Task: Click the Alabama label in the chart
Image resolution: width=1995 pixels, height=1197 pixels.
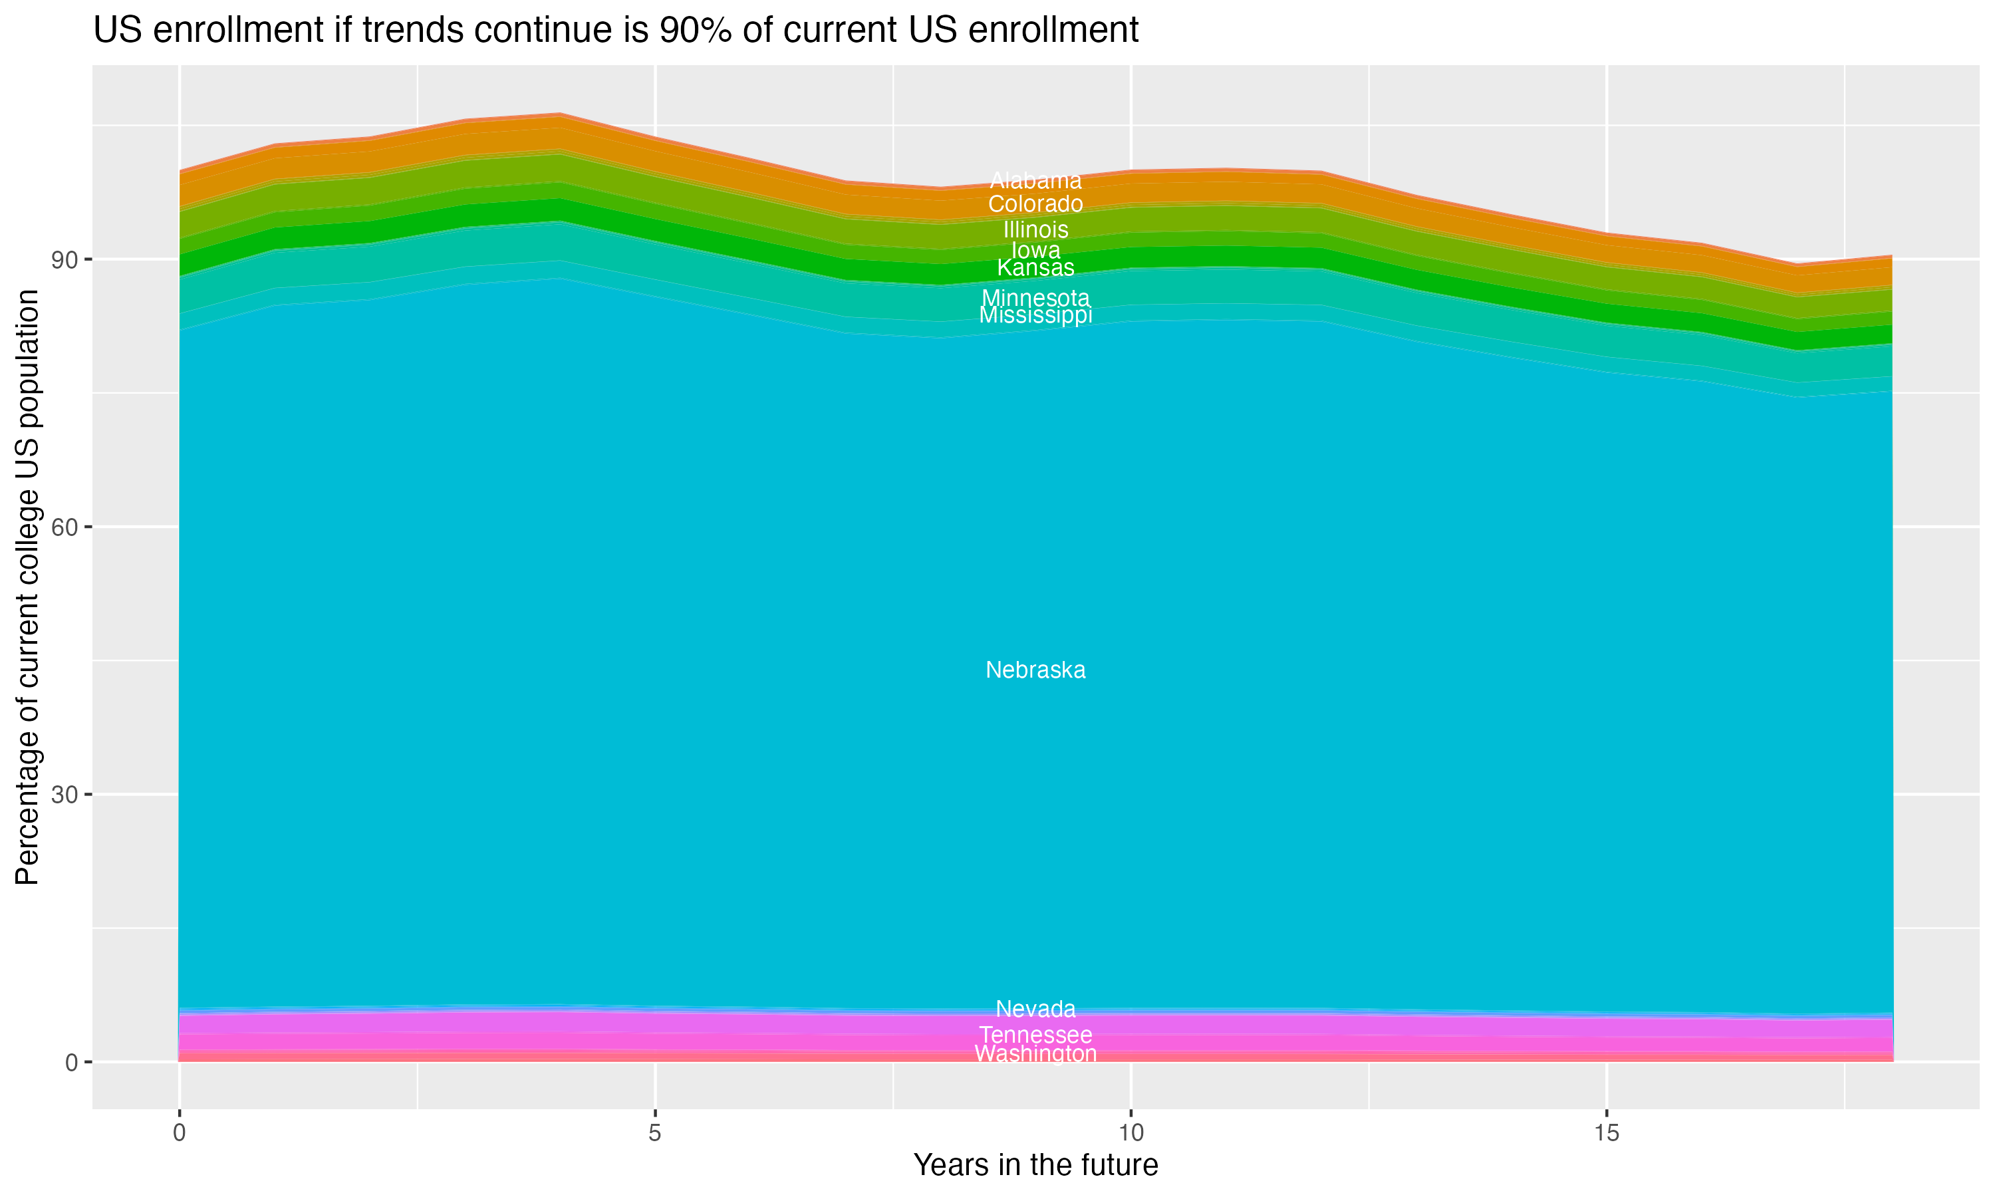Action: pos(1035,181)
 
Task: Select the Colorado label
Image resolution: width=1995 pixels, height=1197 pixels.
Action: pos(1035,204)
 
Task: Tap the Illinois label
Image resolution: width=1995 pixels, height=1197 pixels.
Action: pos(1035,230)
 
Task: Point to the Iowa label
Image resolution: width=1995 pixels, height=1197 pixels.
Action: pos(1035,251)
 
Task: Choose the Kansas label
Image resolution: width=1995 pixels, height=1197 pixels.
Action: pos(1035,268)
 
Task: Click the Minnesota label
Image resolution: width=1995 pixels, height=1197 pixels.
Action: pos(1035,299)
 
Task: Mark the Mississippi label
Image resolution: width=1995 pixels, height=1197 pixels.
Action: pos(1035,315)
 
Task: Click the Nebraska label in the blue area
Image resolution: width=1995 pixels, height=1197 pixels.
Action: pos(1035,670)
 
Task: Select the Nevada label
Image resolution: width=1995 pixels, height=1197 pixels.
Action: pos(1035,1009)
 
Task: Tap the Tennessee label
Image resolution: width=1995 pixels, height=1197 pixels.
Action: pos(1035,1035)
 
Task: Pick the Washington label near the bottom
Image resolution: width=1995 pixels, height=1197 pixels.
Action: pos(1035,1054)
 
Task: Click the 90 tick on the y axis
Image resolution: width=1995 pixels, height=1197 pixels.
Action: pos(65,260)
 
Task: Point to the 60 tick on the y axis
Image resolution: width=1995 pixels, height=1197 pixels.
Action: pos(65,527)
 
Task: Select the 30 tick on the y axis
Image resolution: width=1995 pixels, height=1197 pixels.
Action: pos(65,795)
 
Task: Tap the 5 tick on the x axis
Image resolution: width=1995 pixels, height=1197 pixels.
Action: pos(655,1133)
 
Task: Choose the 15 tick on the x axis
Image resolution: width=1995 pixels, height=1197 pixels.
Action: pos(1607,1133)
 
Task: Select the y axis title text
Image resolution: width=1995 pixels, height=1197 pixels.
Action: pos(27,587)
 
